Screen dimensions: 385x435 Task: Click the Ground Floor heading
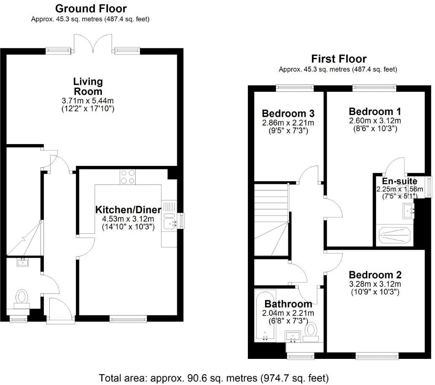91,8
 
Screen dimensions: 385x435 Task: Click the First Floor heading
338,59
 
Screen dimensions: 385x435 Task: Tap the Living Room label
88,86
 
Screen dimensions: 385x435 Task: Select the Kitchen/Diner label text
128,210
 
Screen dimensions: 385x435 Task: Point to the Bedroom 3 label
288,114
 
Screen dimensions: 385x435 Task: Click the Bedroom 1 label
375,112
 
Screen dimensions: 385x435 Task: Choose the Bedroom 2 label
375,275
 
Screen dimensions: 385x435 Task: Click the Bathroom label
288,304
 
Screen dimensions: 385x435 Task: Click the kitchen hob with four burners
128,176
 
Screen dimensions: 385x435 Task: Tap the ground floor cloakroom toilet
21,296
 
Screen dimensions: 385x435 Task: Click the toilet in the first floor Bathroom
311,330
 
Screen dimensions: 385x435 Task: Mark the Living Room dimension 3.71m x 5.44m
88,101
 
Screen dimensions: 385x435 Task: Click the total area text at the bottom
213,378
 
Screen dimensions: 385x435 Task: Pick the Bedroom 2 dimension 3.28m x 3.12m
375,284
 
